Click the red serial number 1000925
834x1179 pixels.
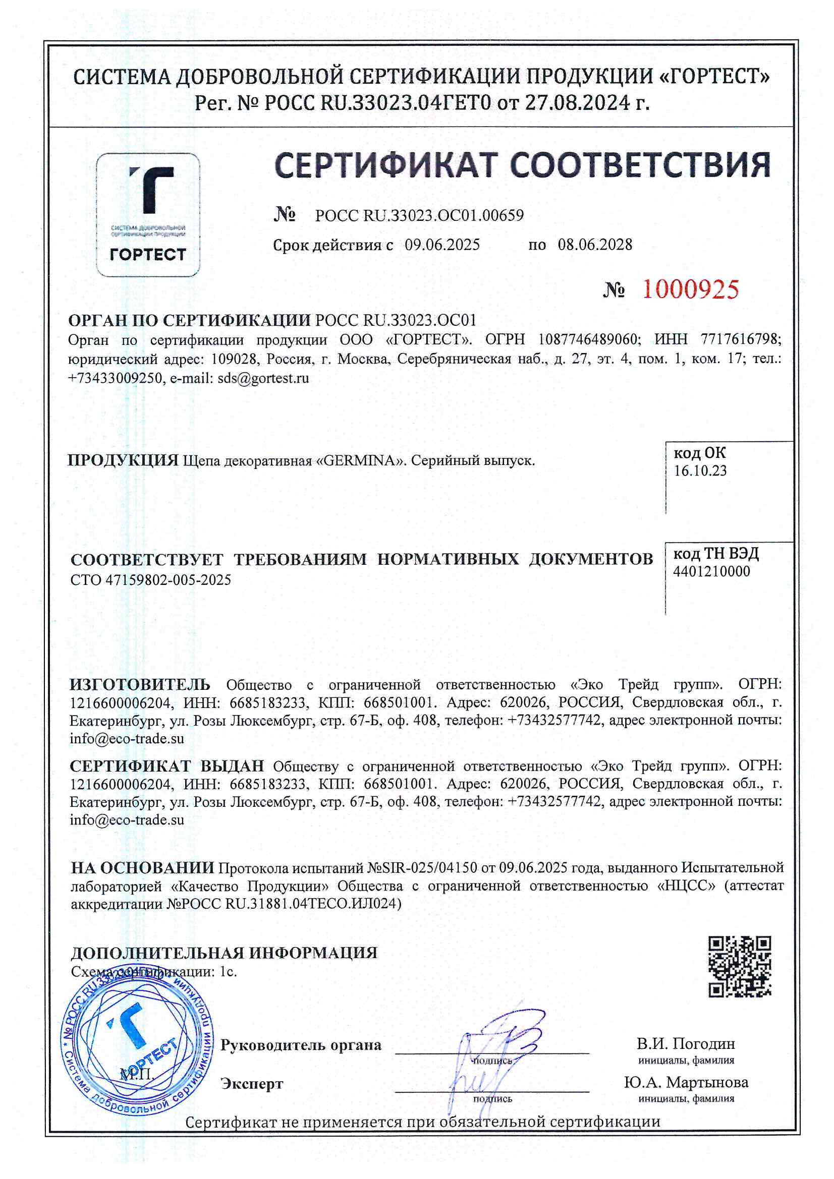click(x=690, y=289)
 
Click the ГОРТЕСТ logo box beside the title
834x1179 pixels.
click(x=148, y=215)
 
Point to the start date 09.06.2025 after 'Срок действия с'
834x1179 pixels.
click(x=442, y=245)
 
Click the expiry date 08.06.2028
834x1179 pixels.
click(x=595, y=245)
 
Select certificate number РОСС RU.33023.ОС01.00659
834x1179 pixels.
click(x=419, y=216)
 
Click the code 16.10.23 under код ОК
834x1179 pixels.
click(x=700, y=471)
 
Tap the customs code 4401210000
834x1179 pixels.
click(x=711, y=571)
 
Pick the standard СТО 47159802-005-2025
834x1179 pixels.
click(x=150, y=580)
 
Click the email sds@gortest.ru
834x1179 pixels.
click(x=263, y=378)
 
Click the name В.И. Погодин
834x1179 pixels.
click(x=686, y=1044)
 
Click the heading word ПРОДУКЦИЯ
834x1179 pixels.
click(x=123, y=460)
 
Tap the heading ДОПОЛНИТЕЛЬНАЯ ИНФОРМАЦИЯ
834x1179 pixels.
click(x=224, y=953)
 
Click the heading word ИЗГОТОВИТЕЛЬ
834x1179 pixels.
click(x=140, y=684)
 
